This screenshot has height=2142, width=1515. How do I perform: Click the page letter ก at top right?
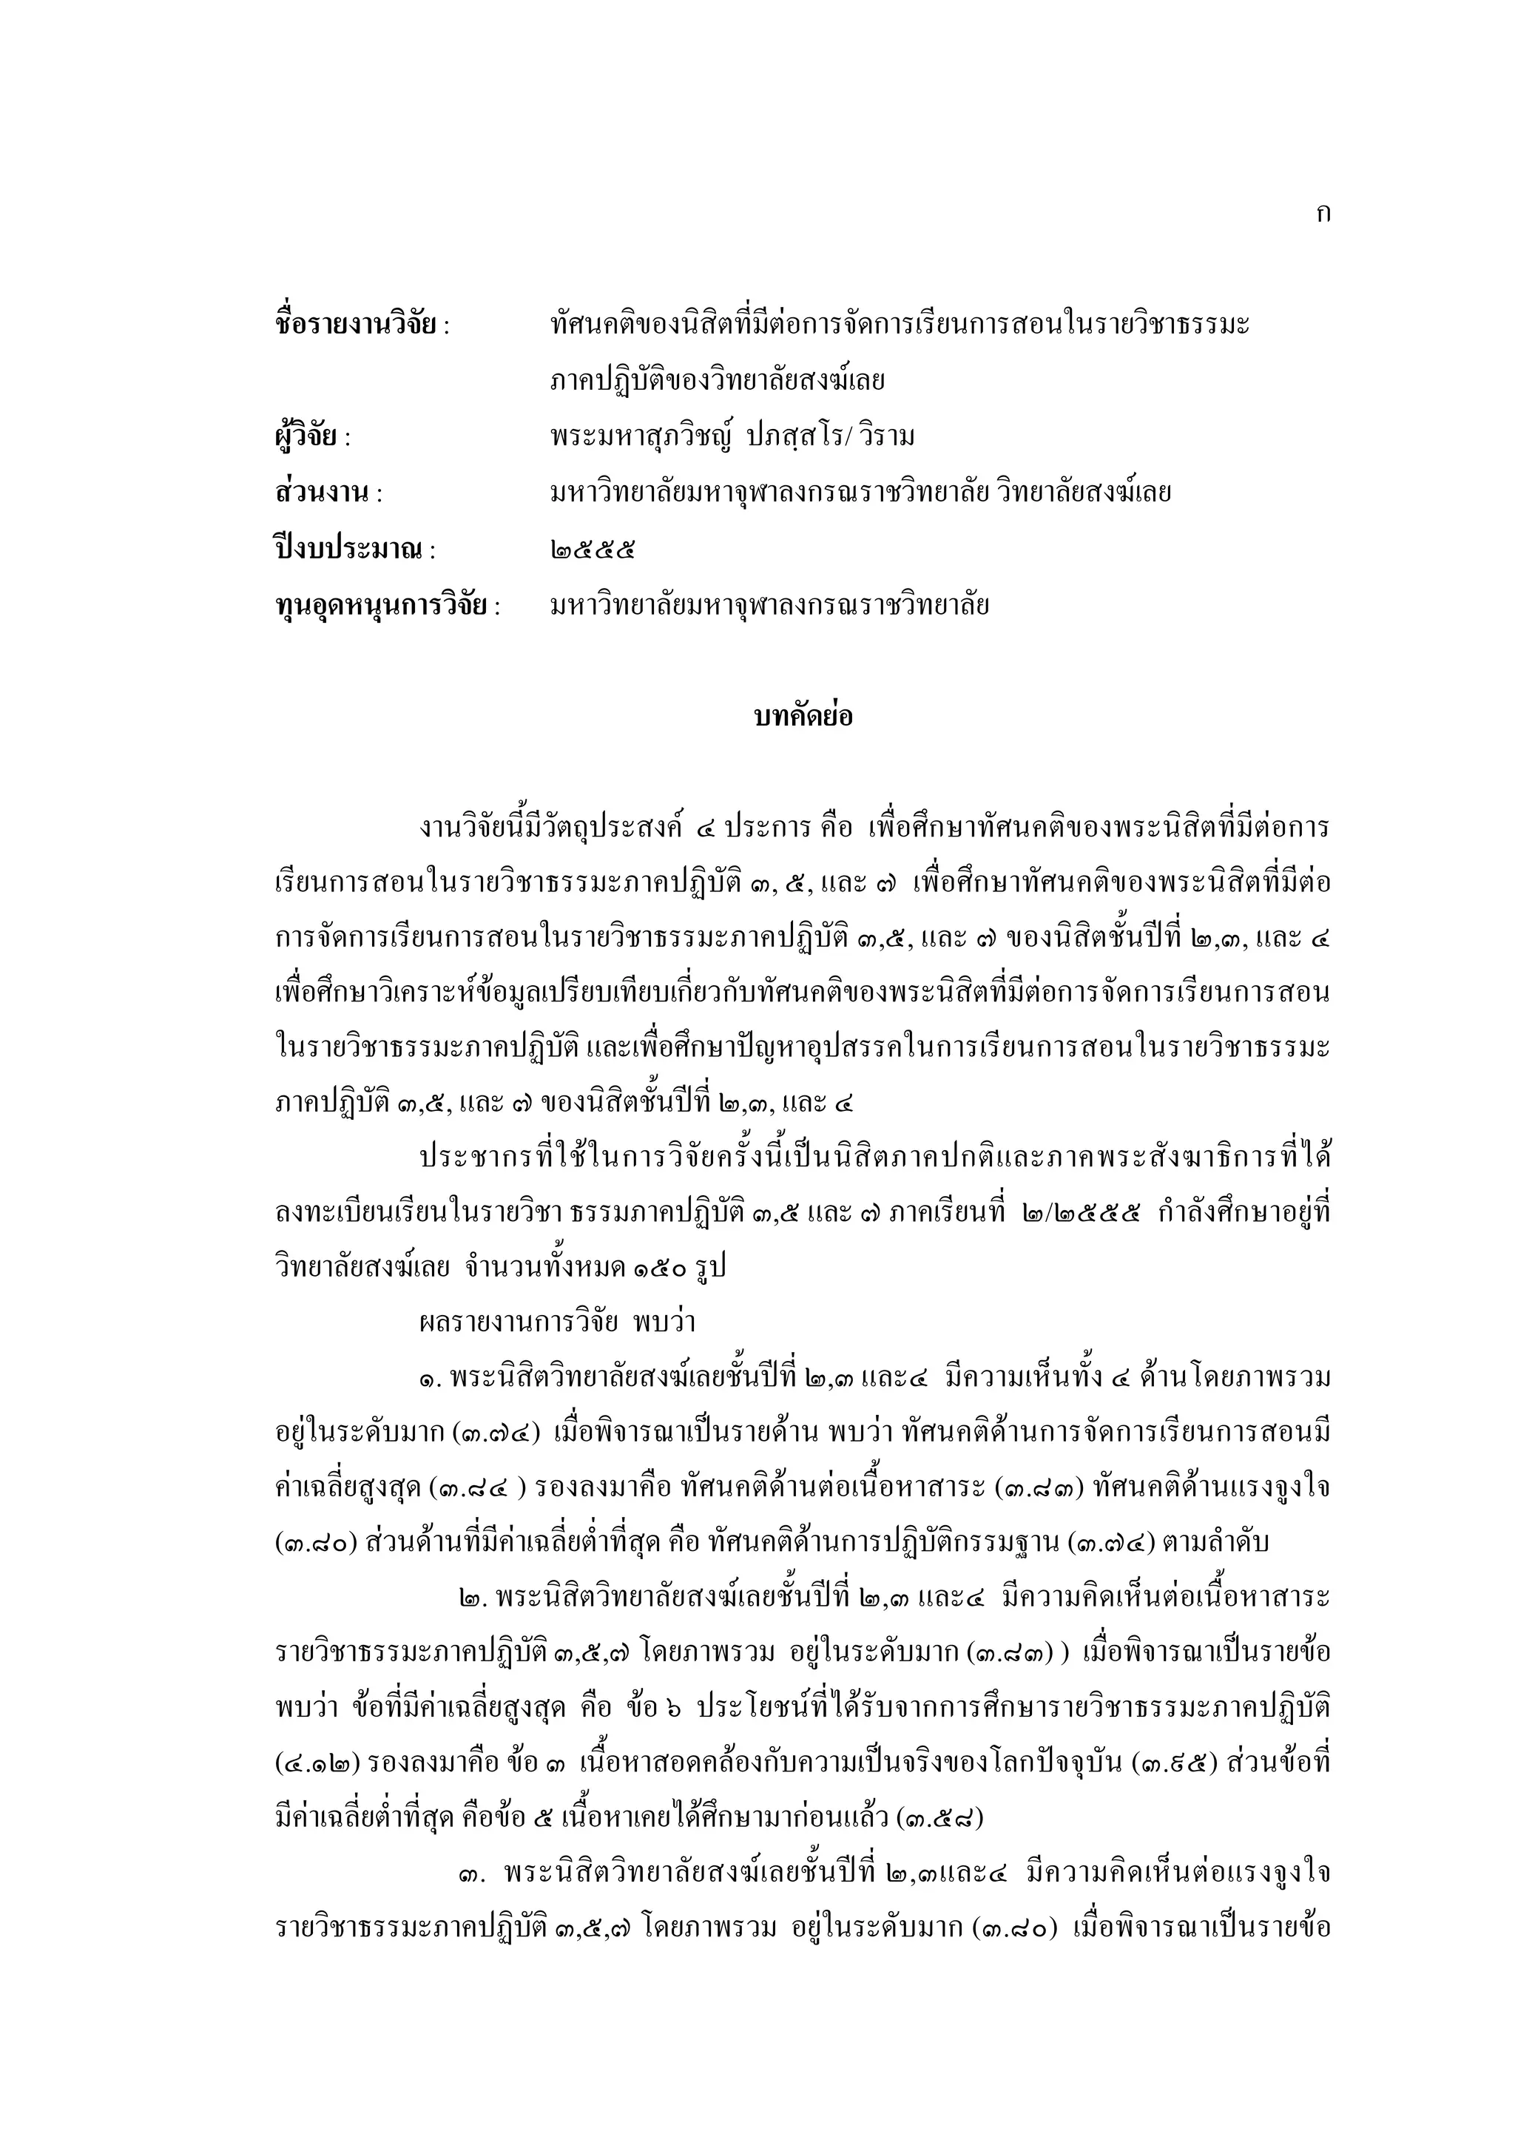click(x=1322, y=214)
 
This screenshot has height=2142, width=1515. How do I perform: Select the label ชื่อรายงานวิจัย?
click(x=355, y=325)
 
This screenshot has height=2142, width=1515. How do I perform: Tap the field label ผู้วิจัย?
click(x=305, y=436)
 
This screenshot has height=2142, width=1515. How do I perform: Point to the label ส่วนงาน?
click(x=322, y=493)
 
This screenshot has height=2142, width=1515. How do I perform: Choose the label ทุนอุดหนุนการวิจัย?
click(x=381, y=606)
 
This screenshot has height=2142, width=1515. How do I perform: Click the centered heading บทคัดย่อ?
click(x=803, y=717)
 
